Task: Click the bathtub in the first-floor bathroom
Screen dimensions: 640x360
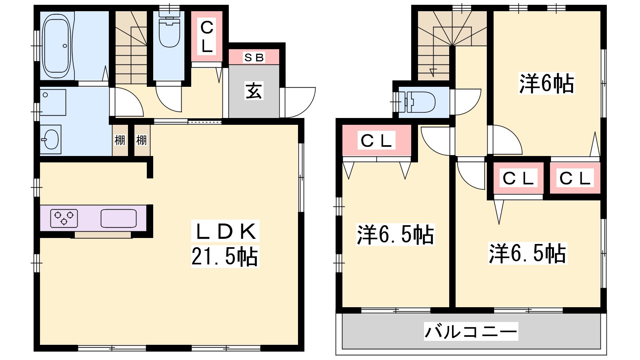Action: (x=56, y=46)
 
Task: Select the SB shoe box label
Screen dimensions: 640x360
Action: (x=254, y=58)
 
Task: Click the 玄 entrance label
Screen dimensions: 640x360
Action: (x=254, y=91)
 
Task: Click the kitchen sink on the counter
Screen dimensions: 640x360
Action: (x=118, y=218)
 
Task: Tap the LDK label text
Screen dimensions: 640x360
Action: (x=226, y=231)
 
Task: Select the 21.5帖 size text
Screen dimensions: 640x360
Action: (x=225, y=256)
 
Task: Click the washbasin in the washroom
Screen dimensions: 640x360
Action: (x=50, y=140)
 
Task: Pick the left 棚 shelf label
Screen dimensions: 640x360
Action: (x=120, y=140)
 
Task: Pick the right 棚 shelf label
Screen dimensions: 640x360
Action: (x=142, y=140)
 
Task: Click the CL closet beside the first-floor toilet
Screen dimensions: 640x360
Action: (x=206, y=36)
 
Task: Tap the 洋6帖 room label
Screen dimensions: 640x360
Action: (x=546, y=84)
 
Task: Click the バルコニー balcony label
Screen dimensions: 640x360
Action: (x=471, y=332)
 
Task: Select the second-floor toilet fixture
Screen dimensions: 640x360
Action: (x=418, y=102)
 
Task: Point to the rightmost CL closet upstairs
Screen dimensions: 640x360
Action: (x=575, y=178)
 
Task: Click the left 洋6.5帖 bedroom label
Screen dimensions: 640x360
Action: (x=396, y=235)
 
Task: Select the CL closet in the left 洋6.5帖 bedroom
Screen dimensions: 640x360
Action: (x=376, y=140)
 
